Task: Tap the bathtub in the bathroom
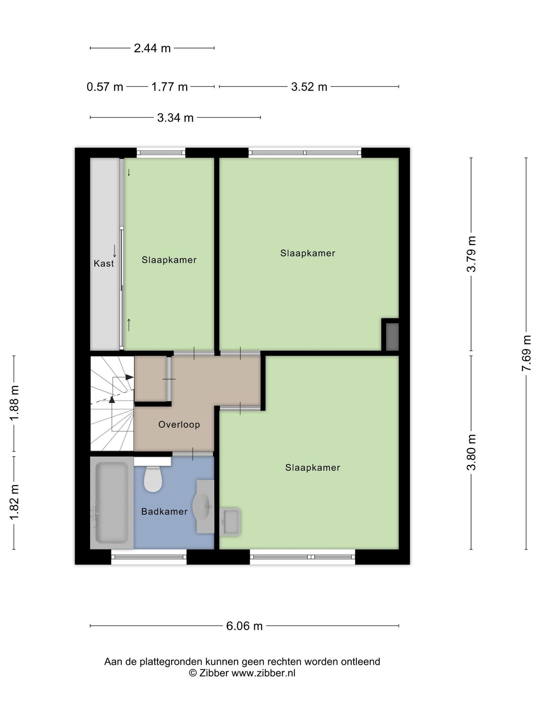(112, 503)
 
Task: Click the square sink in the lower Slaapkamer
(230, 522)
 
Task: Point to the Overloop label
(179, 424)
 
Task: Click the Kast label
(104, 263)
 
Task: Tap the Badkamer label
(164, 512)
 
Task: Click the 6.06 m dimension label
(244, 626)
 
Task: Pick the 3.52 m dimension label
(309, 86)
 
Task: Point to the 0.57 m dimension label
(105, 86)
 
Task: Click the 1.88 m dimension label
(14, 403)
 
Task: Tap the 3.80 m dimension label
(471, 452)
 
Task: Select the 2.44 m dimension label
(152, 48)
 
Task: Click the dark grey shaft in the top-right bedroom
(392, 337)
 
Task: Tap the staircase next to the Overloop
(112, 403)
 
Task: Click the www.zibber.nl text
(263, 673)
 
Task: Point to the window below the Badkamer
(149, 557)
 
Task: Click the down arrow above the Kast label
(114, 251)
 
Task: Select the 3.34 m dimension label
(175, 117)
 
